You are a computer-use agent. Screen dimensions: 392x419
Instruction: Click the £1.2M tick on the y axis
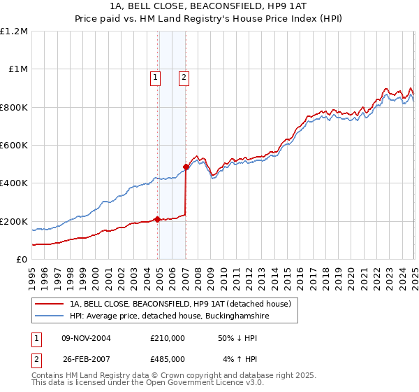tap(14, 31)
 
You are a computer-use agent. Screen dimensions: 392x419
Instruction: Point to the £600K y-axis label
tap(14, 146)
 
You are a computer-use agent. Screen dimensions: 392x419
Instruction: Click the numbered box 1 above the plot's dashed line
tap(154, 78)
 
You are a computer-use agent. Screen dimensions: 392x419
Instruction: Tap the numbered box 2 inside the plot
tap(183, 78)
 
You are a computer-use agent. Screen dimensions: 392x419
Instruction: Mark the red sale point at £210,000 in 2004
tap(158, 219)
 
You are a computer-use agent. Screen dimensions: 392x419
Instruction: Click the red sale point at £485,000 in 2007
tap(186, 167)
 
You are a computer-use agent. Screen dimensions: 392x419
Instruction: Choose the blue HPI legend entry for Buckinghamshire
tap(165, 316)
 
